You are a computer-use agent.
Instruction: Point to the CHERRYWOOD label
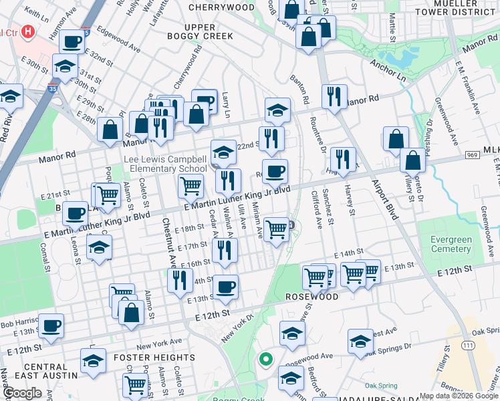coord(221,7)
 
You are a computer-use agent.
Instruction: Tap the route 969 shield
coord(472,156)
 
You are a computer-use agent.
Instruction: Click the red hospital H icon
coord(28,31)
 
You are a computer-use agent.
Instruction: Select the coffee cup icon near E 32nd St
coord(72,41)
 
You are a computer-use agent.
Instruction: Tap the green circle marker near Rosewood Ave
coord(266,360)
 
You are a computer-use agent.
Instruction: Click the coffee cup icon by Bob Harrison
coord(51,325)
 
